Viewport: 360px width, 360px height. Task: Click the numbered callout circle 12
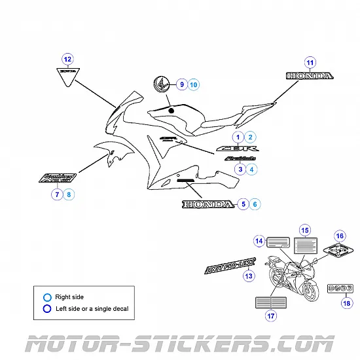pos(67,58)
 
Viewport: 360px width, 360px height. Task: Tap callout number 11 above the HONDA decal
pos(310,62)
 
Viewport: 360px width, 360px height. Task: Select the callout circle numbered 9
pos(181,84)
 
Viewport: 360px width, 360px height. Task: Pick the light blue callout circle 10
pos(193,84)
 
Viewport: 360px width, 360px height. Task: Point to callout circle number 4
pos(253,169)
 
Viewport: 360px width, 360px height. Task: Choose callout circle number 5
pos(243,204)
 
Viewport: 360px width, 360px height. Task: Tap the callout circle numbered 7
pos(58,194)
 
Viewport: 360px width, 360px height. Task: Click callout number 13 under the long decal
pos(248,276)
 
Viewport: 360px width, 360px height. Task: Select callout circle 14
pos(259,242)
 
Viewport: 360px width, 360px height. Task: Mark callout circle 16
pos(339,236)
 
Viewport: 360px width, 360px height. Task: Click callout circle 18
pos(346,304)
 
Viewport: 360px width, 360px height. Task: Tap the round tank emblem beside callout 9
pos(161,85)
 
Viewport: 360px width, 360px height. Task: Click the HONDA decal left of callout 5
pos(207,205)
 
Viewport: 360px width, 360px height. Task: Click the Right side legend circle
pos(47,297)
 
